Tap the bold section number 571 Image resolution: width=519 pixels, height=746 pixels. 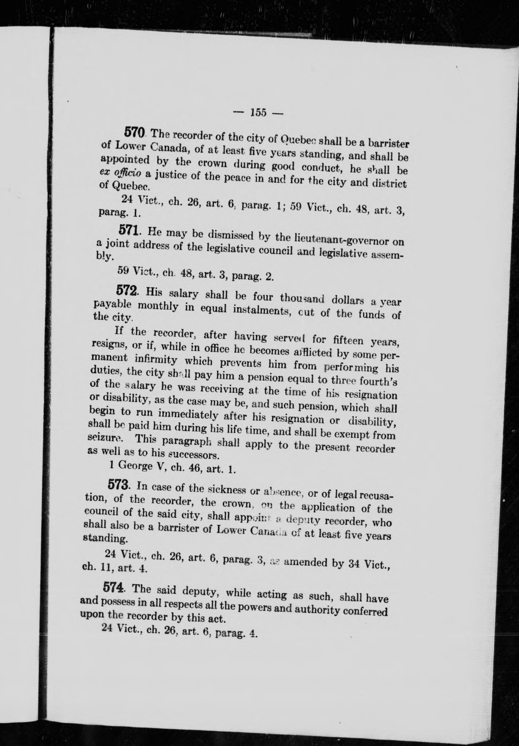click(129, 230)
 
